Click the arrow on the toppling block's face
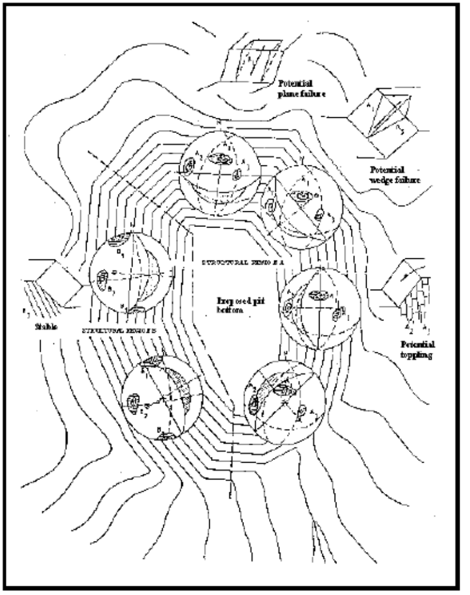point(403,277)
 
